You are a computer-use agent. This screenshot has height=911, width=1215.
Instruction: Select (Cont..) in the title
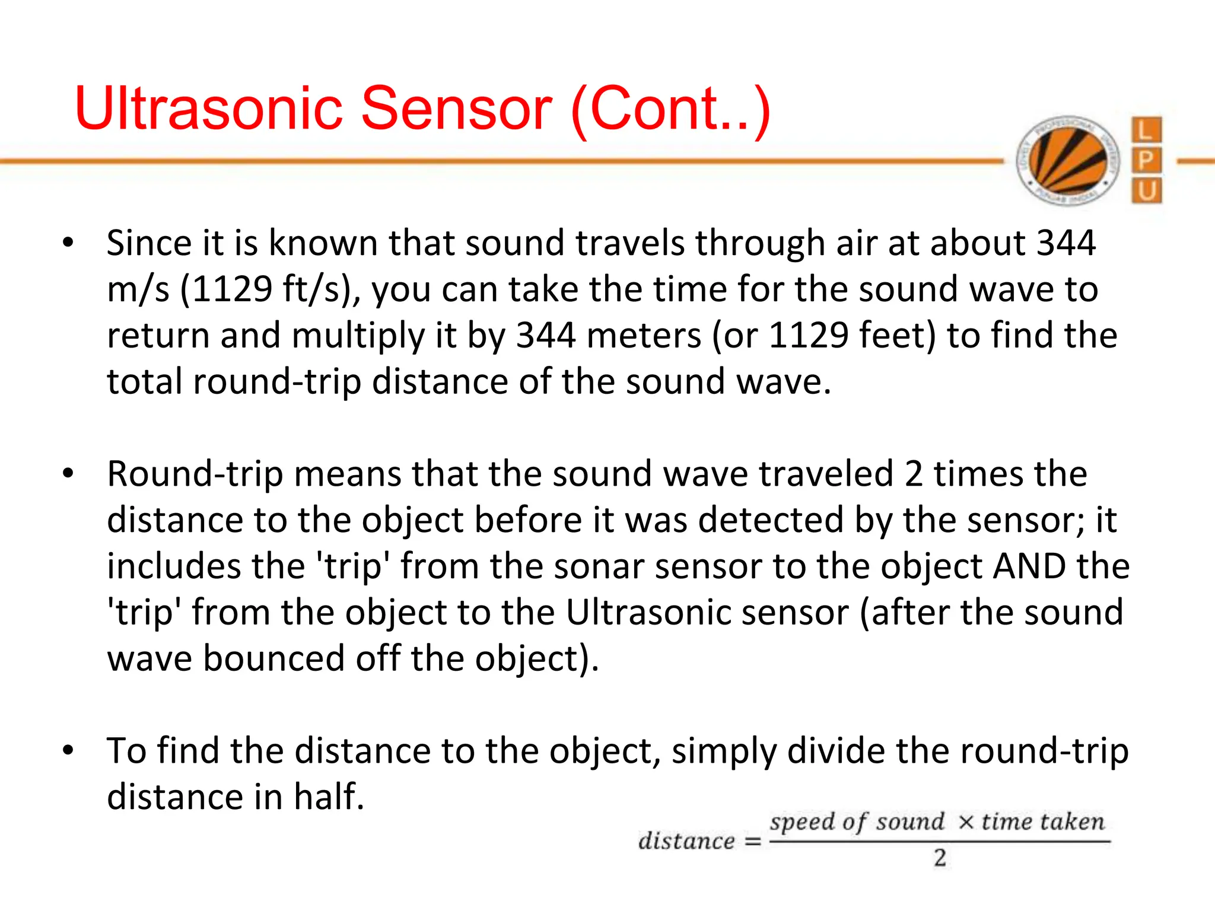670,110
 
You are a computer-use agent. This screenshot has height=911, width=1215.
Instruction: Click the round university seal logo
1068,160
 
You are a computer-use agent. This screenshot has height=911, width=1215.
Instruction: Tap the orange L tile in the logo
1146,130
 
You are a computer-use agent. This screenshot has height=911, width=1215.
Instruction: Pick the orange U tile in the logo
1146,191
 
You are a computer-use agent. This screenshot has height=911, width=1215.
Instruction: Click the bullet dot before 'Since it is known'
68,243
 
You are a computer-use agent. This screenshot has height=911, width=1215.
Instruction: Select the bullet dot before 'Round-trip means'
68,474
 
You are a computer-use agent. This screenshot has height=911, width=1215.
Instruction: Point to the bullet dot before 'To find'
68,751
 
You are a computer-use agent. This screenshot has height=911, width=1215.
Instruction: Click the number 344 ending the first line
1065,243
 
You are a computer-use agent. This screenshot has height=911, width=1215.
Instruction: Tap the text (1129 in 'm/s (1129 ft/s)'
225,289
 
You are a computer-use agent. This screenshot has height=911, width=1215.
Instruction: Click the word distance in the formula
686,841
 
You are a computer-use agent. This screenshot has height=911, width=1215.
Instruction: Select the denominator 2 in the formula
940,858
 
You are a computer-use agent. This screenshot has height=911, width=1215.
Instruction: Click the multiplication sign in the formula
966,822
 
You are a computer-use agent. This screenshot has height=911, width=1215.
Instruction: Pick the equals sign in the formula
753,842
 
